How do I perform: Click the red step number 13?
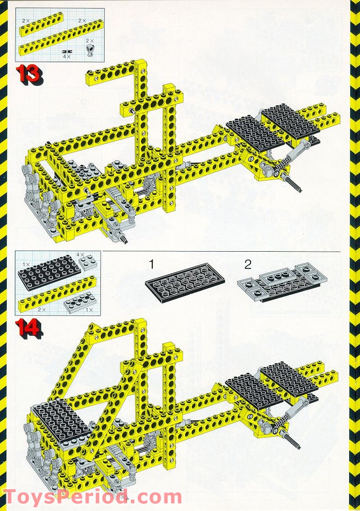pos(28,74)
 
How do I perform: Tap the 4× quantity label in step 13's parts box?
pos(67,57)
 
